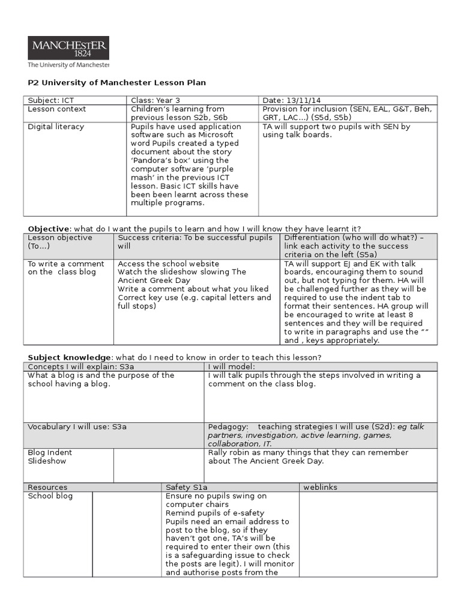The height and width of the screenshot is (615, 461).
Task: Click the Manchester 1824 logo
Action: click(68, 52)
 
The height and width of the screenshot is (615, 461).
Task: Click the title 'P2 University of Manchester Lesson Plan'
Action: click(117, 83)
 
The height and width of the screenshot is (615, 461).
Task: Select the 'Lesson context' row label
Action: click(56, 109)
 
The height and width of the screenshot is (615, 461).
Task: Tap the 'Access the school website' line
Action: click(169, 264)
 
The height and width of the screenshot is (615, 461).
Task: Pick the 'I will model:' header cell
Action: click(232, 366)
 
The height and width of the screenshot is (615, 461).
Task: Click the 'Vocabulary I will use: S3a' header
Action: click(77, 426)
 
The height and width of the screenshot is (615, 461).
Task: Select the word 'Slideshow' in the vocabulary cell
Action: click(47, 461)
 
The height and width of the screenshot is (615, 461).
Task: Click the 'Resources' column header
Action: click(47, 487)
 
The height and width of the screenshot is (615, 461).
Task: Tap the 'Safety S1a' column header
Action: click(186, 487)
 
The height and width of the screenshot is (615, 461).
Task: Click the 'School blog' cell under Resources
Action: click(50, 496)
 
